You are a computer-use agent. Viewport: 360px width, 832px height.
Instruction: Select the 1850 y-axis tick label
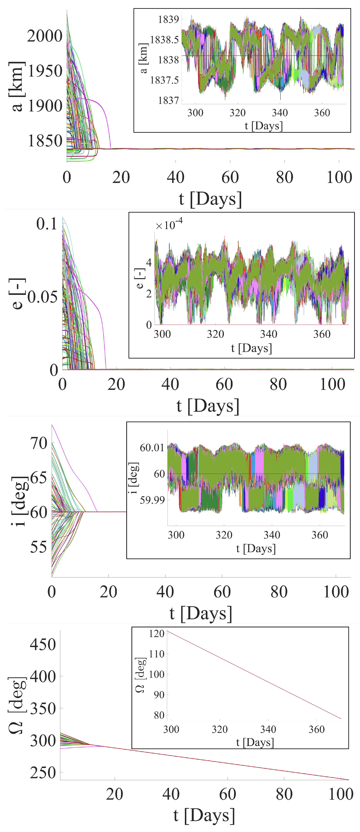click(x=45, y=141)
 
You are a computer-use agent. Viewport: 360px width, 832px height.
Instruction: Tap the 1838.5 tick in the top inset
click(x=164, y=40)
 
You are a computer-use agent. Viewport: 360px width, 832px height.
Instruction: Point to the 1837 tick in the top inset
click(x=168, y=100)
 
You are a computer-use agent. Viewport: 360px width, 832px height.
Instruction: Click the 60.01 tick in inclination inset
click(x=152, y=448)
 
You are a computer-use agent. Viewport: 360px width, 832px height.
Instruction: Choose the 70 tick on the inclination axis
click(x=39, y=443)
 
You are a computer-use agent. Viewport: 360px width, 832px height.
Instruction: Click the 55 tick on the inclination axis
click(x=39, y=547)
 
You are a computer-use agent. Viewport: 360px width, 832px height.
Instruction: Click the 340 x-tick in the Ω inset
click(x=268, y=729)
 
